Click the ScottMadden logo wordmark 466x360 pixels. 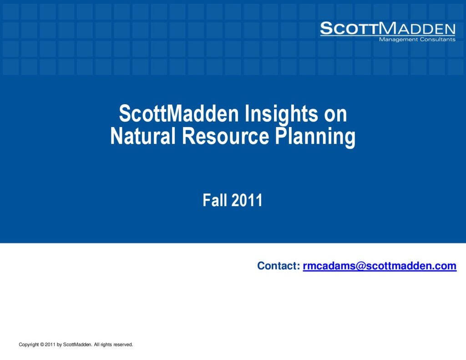coord(388,28)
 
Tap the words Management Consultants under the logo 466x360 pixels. coord(417,39)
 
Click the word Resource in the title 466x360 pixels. coord(226,136)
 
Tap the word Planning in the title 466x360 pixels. coord(315,137)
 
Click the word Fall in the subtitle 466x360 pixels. coord(215,200)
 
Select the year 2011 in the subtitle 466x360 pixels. coord(247,200)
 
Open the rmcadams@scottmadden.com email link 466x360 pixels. coord(380,266)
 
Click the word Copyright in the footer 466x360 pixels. coord(29,345)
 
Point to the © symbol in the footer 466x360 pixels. coord(42,345)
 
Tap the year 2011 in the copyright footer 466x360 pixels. coord(50,345)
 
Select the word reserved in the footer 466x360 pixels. coord(123,345)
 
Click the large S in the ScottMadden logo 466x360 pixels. coord(326,28)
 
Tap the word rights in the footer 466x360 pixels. coord(106,345)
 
